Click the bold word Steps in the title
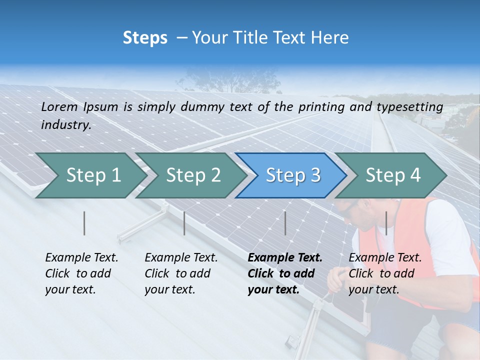pos(145,38)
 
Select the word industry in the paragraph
pos(65,125)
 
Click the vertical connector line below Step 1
pos(84,223)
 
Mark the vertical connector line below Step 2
pos(184,223)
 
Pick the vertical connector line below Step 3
pos(285,223)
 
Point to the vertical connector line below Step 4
pos(386,223)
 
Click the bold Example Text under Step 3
pos(284,273)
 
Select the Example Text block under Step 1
pos(81,273)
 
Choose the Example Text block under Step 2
pos(181,273)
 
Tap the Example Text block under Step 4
pos(385,273)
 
